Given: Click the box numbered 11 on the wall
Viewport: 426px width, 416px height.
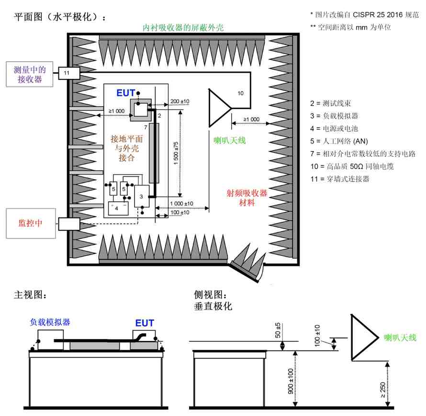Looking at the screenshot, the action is (x=69, y=73).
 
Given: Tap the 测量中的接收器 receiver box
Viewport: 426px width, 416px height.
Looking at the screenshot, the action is (x=30, y=74).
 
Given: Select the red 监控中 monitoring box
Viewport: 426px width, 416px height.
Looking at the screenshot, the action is (x=31, y=223).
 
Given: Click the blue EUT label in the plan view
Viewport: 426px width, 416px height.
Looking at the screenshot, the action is (x=125, y=93).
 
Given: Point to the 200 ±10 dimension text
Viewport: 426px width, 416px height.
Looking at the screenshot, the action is (x=179, y=101).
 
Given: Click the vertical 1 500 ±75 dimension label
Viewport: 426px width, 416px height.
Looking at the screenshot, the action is (x=176, y=153).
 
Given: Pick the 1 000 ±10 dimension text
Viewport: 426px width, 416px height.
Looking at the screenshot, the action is (x=181, y=204).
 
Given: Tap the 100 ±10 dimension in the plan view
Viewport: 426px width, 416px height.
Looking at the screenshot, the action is (x=179, y=212).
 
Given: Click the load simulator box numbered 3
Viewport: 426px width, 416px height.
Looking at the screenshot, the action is (x=142, y=196).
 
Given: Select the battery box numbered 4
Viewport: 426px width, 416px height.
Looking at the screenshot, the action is (x=118, y=208).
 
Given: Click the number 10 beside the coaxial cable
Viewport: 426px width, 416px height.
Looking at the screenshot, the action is (x=240, y=93).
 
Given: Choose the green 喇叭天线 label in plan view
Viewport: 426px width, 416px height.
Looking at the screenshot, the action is (x=230, y=140).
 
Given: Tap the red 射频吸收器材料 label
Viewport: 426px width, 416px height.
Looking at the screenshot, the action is (x=247, y=197).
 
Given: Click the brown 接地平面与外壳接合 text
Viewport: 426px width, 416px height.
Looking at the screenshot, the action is (x=127, y=148).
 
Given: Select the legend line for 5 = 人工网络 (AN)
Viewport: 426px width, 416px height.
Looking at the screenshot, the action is (x=339, y=141).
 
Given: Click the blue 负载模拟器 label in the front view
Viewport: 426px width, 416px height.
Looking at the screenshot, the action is (x=50, y=322).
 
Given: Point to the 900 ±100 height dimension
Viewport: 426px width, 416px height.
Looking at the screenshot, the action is (x=291, y=381).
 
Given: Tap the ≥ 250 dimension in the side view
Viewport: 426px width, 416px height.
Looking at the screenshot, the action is (x=382, y=390).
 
